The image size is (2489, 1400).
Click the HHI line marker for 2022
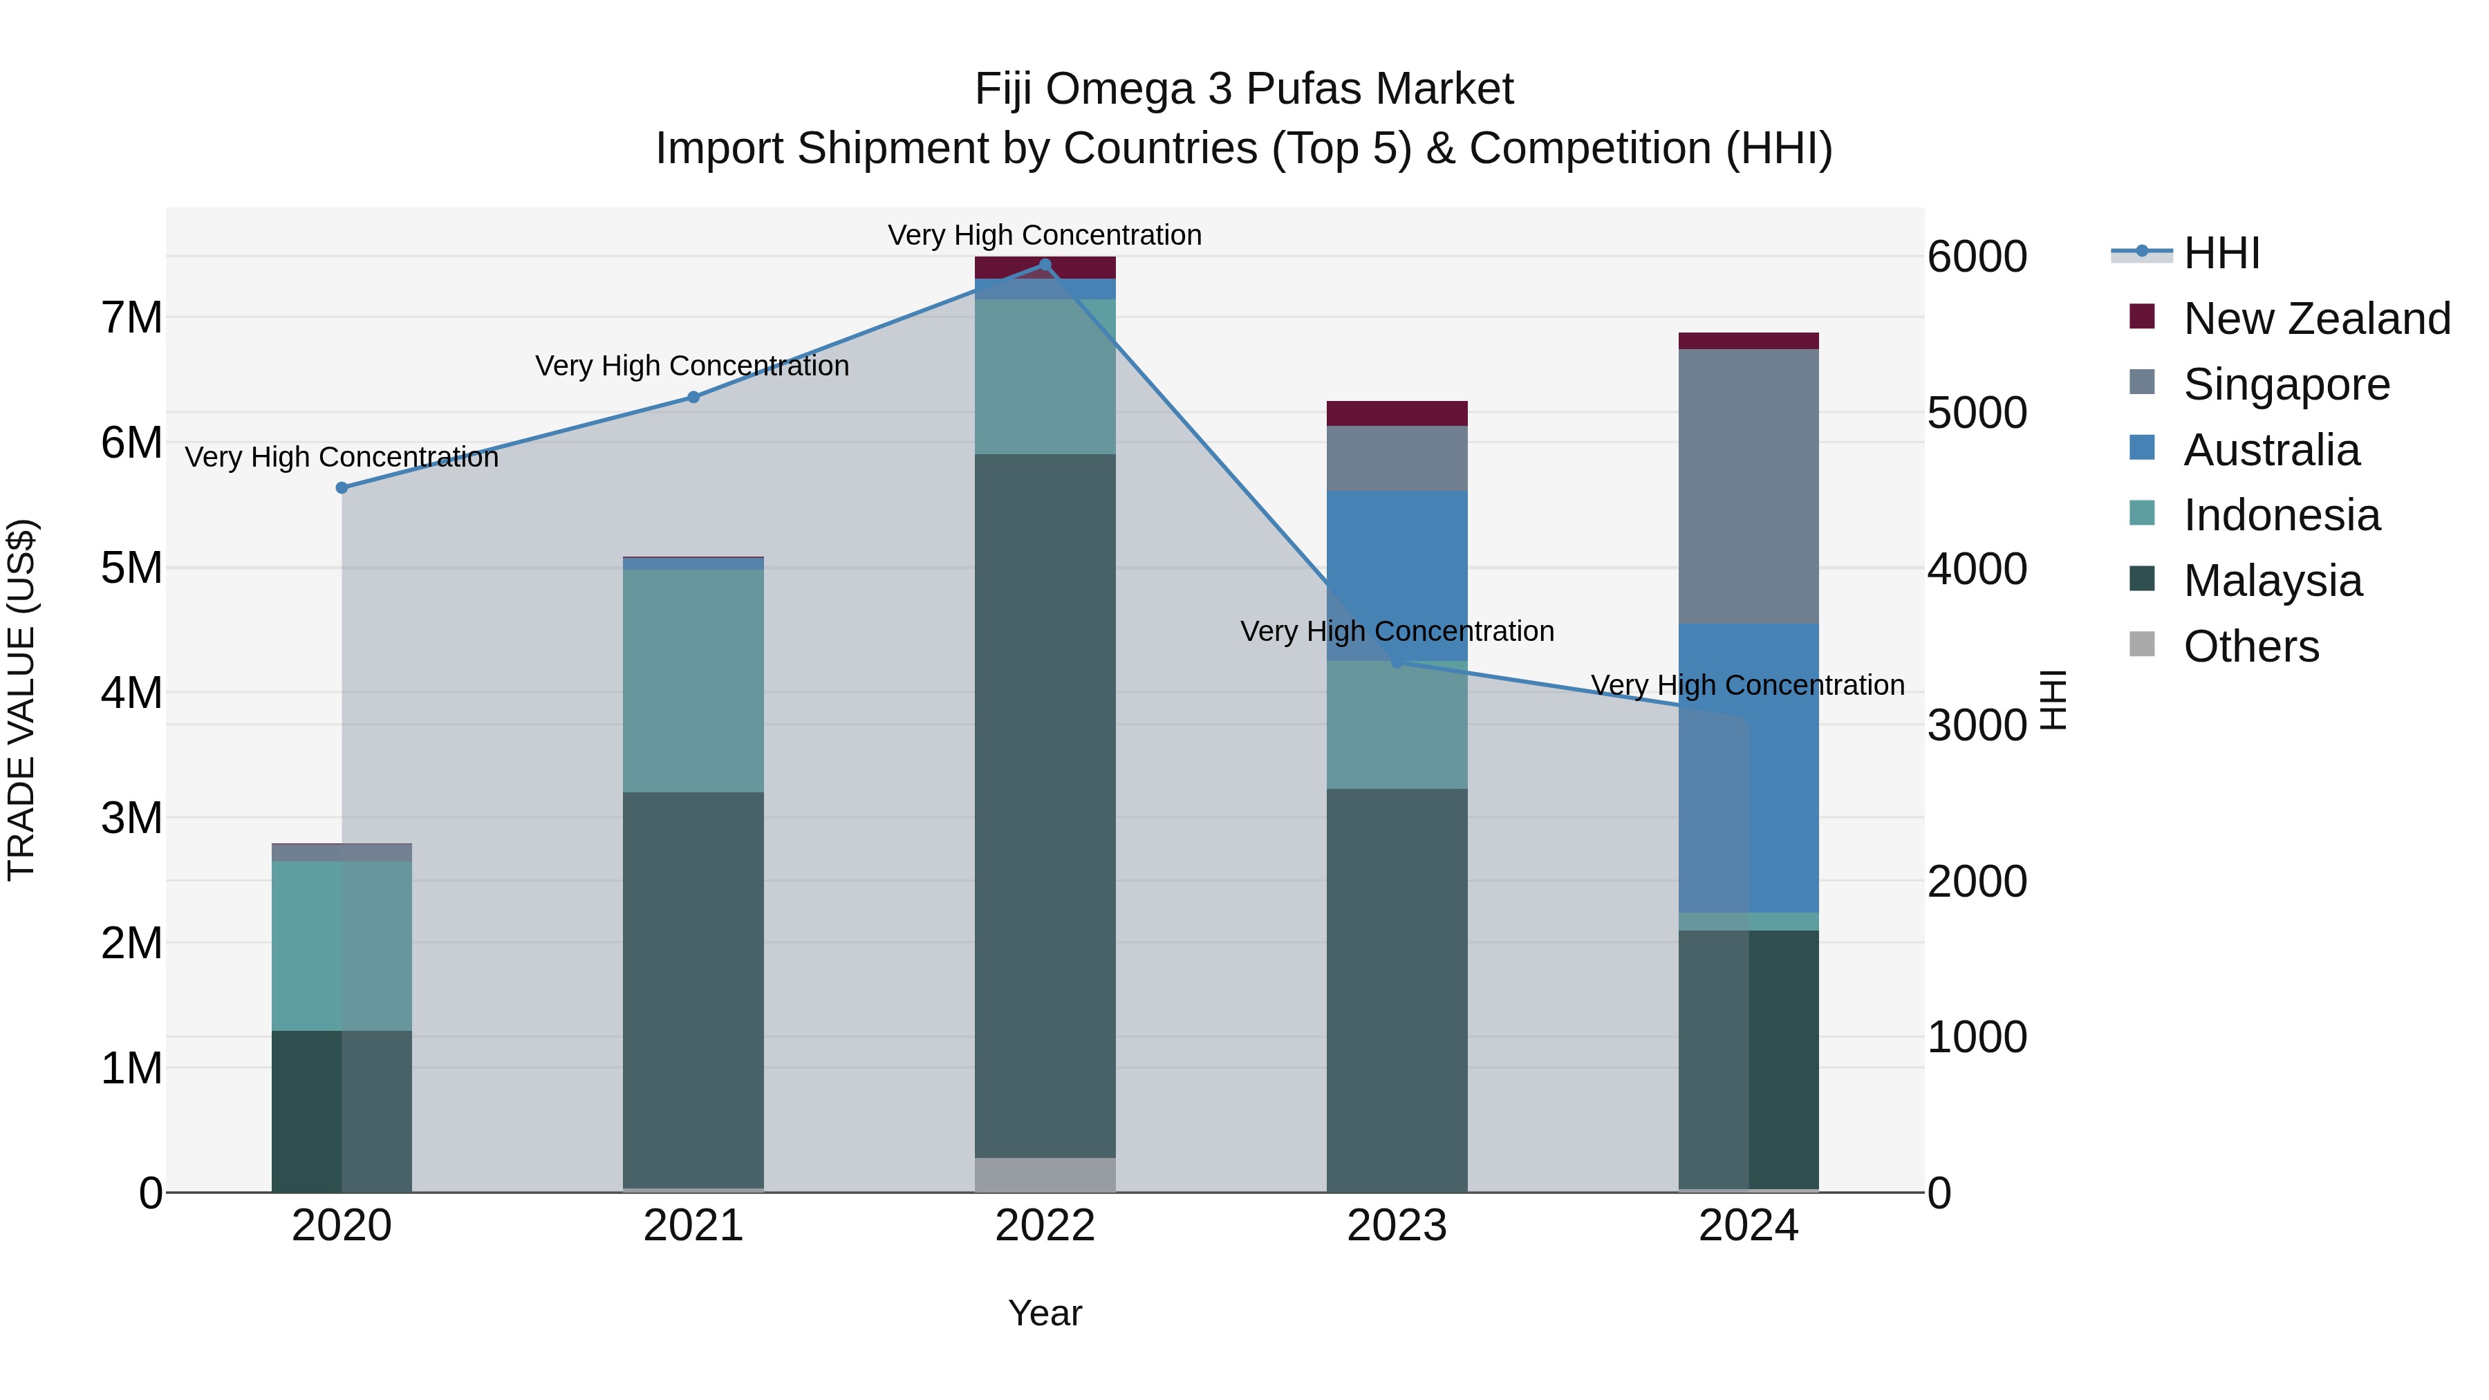(x=1045, y=265)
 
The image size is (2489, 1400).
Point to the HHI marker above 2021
(x=693, y=397)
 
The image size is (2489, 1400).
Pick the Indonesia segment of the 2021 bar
(x=693, y=681)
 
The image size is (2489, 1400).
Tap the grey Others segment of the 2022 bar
(x=1045, y=1174)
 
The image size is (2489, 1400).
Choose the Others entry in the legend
(x=2250, y=646)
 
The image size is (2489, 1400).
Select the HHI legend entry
(x=2220, y=253)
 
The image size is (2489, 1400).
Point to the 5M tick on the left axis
(x=132, y=568)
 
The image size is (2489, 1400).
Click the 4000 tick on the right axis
(x=1976, y=569)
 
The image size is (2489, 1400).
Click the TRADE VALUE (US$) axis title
(x=21, y=700)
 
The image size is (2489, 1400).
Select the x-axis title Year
(x=1045, y=1313)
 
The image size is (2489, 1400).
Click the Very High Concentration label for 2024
(x=1747, y=685)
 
